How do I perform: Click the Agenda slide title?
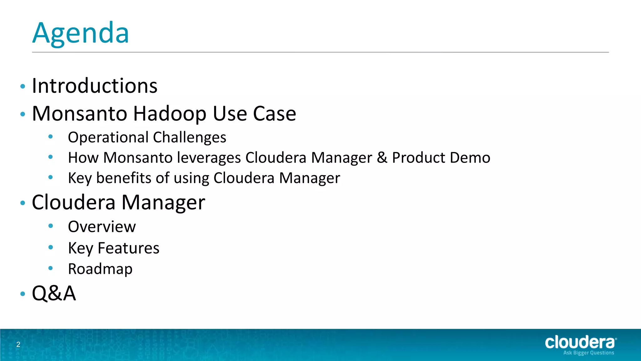click(x=81, y=33)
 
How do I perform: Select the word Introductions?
click(x=95, y=86)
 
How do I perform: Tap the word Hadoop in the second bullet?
click(x=170, y=113)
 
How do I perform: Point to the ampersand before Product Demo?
click(x=382, y=158)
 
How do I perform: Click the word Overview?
click(x=102, y=227)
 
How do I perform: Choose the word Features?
click(x=128, y=248)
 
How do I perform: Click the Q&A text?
click(x=54, y=294)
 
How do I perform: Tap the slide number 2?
click(x=18, y=345)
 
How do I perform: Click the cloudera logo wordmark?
click(x=580, y=343)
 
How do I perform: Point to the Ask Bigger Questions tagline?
click(x=588, y=353)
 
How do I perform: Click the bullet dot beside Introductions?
click(x=23, y=86)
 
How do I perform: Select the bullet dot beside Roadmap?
click(x=51, y=268)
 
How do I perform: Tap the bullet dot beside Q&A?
click(x=23, y=294)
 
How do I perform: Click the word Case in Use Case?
click(x=274, y=113)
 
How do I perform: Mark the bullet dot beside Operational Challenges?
click(x=51, y=137)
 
